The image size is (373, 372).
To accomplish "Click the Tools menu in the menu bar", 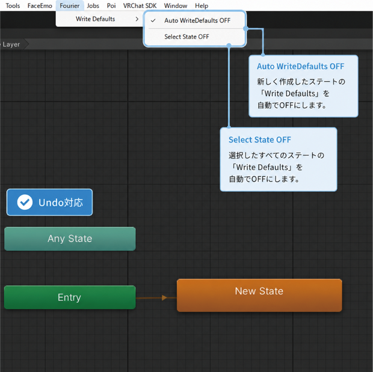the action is point(13,5).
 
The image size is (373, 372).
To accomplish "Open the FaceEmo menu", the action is point(40,5).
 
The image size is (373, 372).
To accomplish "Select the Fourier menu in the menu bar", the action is point(70,5).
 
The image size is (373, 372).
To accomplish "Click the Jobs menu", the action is point(93,5).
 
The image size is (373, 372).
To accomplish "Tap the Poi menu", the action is point(111,5).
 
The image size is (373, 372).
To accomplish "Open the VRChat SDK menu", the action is point(140,5).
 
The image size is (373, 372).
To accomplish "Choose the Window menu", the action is point(176,5).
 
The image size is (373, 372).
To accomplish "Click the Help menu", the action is point(202,5).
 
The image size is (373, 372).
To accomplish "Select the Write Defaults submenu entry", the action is point(96,19).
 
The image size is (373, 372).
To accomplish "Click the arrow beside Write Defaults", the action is point(137,19).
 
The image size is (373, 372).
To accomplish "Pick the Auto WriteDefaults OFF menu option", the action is point(197,20).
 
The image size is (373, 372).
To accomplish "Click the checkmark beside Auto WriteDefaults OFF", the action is point(153,20).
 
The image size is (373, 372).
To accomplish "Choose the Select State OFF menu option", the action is point(186,37).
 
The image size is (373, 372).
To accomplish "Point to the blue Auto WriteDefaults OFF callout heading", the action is point(300,66).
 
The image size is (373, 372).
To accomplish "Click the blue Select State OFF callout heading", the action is point(260,140).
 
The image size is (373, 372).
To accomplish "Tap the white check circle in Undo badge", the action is point(25,203).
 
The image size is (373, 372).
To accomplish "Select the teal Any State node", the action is point(70,239).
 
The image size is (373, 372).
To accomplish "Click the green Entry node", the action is point(70,297).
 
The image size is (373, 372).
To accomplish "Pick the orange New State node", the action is point(259,295).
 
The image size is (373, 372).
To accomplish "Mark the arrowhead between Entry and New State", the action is point(164,297).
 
